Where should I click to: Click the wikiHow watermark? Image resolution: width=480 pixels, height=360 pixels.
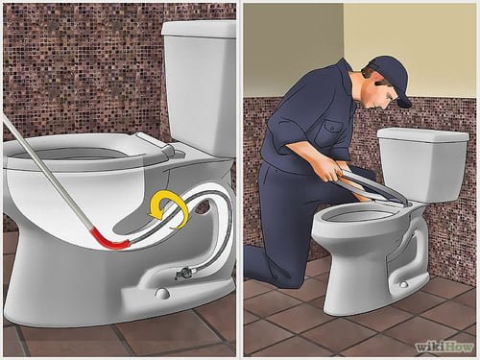point(444,346)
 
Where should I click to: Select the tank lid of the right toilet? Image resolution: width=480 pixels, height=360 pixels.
point(421,134)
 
